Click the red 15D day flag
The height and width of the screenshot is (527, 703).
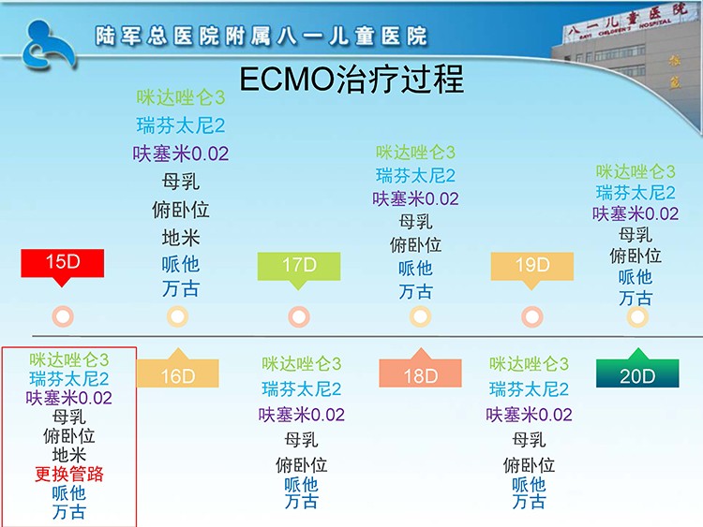click(x=62, y=265)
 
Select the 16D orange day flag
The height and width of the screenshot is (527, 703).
click(x=178, y=370)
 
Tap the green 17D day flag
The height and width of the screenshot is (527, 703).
click(x=299, y=269)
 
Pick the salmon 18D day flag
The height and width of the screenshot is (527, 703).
click(x=420, y=370)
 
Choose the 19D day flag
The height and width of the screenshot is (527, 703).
click(x=532, y=269)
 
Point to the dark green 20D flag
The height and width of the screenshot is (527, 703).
click(x=637, y=370)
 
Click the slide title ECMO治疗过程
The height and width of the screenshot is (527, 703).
click(x=351, y=80)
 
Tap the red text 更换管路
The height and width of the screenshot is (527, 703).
click(x=69, y=474)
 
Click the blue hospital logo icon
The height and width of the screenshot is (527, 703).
click(x=48, y=45)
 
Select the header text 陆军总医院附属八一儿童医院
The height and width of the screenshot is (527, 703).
click(x=262, y=36)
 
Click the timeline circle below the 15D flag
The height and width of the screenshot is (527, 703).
click(x=63, y=316)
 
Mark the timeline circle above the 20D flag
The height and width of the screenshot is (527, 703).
click(x=637, y=317)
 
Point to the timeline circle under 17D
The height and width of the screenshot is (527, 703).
click(x=299, y=317)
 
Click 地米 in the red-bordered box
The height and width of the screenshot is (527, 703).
click(x=69, y=455)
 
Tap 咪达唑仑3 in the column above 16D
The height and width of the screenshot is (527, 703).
click(x=181, y=97)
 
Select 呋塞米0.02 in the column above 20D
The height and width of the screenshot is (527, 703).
click(x=636, y=213)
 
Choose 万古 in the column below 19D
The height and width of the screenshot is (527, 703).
click(x=529, y=502)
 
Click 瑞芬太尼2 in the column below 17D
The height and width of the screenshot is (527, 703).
click(x=301, y=388)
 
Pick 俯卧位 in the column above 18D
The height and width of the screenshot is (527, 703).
click(x=415, y=245)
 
